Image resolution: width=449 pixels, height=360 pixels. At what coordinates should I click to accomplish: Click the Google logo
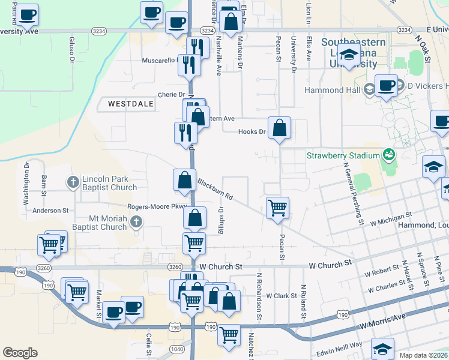point(20,353)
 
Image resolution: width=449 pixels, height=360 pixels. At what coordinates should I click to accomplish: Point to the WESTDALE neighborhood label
point(131,104)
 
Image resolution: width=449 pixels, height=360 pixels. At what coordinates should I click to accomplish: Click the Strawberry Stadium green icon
point(388,155)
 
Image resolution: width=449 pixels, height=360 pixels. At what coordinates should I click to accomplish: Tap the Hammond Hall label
point(332,90)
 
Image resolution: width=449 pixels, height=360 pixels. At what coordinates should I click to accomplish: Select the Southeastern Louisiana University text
point(349,53)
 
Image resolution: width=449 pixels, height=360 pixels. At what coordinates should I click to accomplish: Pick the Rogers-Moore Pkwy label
point(153,206)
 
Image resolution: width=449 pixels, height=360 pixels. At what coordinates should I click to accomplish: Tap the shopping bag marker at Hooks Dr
point(279,128)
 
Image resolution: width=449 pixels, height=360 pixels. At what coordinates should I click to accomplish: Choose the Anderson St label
point(51,211)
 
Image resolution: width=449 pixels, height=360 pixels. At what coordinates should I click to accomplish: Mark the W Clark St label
point(282,296)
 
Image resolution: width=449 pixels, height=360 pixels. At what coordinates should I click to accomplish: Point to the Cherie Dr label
point(171,95)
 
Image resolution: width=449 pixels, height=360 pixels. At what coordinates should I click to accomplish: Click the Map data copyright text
point(424,355)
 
